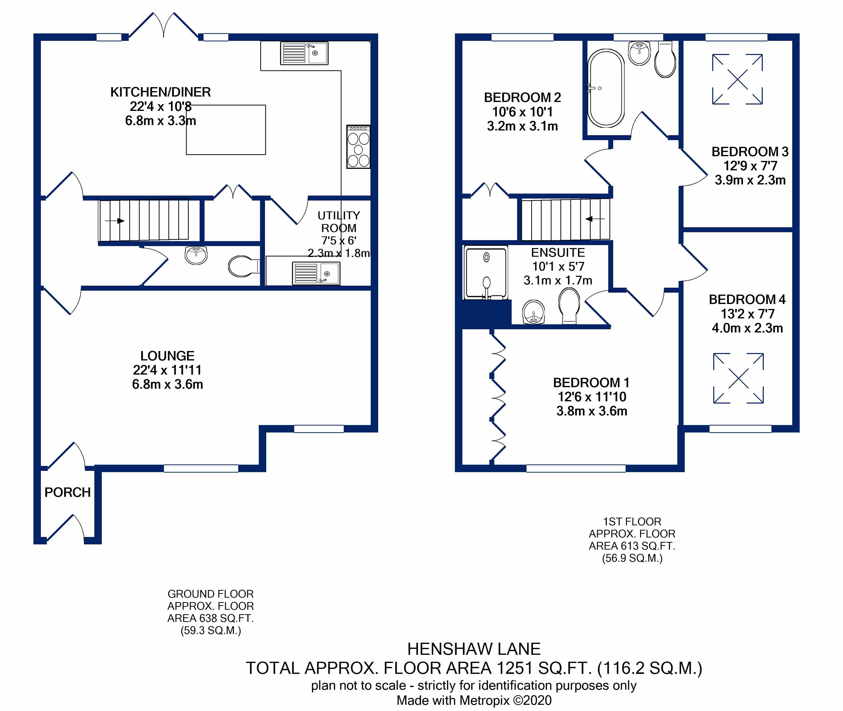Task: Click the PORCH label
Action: [x=67, y=492]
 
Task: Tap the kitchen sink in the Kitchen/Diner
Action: [x=304, y=53]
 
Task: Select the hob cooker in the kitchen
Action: [x=358, y=147]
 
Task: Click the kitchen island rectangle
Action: [x=226, y=130]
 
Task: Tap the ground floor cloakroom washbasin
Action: [x=196, y=255]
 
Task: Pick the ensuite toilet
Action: [x=569, y=306]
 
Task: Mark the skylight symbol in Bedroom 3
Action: [x=737, y=79]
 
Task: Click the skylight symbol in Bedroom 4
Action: [x=738, y=378]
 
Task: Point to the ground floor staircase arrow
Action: [x=115, y=221]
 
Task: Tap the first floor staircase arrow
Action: [x=595, y=219]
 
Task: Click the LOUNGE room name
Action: [x=167, y=356]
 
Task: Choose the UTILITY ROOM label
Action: [x=339, y=222]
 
